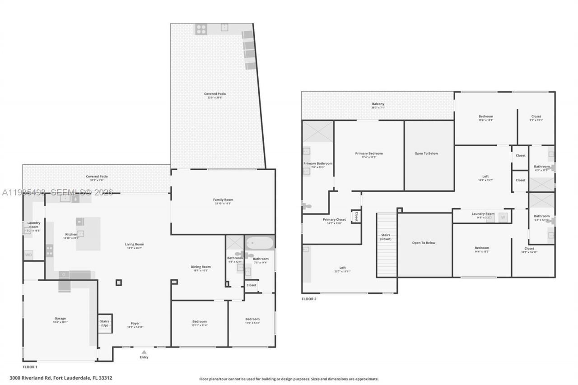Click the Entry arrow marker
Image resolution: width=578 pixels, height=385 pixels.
[144, 352]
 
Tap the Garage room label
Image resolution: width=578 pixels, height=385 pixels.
[60, 319]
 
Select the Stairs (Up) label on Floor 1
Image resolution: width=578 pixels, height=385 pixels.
[104, 323]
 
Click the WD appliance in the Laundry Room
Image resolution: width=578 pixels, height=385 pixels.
[28, 255]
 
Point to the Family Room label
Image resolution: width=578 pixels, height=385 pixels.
[223, 199]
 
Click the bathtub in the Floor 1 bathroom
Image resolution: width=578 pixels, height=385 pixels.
[260, 243]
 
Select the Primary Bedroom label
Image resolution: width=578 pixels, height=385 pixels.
[369, 153]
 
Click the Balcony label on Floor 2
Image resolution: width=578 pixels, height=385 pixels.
[378, 104]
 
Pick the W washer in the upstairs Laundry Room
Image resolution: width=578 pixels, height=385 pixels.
[503, 217]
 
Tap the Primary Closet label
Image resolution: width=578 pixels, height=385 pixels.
[335, 220]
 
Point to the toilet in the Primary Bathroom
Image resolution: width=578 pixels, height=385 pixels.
[307, 206]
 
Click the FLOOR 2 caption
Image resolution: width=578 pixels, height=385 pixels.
[309, 299]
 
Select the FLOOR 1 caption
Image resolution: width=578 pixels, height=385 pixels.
[30, 367]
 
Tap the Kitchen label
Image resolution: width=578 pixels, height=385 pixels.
[71, 234]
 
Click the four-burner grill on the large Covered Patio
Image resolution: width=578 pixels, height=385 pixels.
[201, 29]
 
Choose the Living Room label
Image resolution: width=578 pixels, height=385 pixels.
[135, 244]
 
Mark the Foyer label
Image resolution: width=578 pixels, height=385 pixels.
[135, 323]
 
